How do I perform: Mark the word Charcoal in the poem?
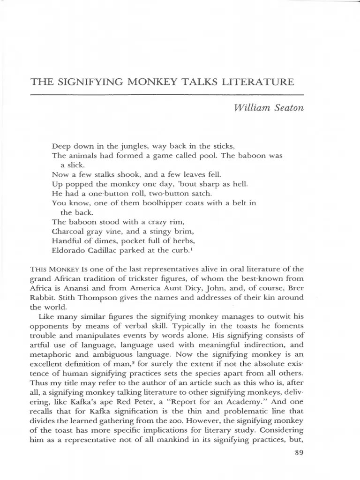click(68, 231)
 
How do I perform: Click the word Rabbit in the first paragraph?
click(43, 298)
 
